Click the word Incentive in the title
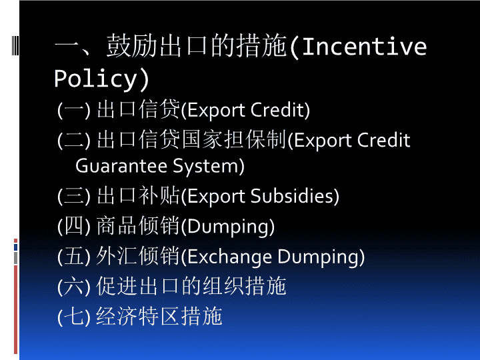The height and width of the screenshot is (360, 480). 364,46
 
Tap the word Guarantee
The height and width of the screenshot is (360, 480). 121,166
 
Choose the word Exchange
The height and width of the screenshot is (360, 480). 229,257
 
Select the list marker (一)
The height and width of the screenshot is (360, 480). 74,110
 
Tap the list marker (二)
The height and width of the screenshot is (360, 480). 74,140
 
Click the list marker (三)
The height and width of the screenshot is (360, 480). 74,196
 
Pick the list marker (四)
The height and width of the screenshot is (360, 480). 74,226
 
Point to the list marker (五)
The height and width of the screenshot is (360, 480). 74,257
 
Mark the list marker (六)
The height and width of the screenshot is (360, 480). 74,287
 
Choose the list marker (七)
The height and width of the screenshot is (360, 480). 74,317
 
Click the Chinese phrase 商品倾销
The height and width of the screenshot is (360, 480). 138,226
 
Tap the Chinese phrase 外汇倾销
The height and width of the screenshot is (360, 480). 138,256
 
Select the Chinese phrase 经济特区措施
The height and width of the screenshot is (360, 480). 159,316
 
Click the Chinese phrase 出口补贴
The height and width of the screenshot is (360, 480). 138,195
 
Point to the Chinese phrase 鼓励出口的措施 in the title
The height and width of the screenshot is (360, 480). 197,46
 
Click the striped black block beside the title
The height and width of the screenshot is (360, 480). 15,45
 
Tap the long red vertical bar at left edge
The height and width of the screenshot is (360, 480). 15,309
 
